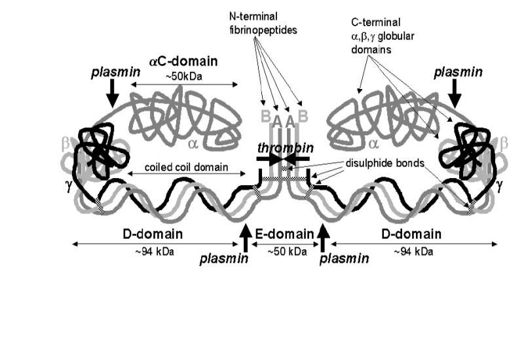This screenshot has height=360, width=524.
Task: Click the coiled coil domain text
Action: click(x=178, y=168)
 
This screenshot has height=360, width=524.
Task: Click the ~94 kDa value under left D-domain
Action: click(x=153, y=251)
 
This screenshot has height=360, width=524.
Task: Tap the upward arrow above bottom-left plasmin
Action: click(x=246, y=237)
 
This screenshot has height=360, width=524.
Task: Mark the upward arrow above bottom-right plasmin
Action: click(x=323, y=237)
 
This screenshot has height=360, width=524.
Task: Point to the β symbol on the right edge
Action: click(x=503, y=142)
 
